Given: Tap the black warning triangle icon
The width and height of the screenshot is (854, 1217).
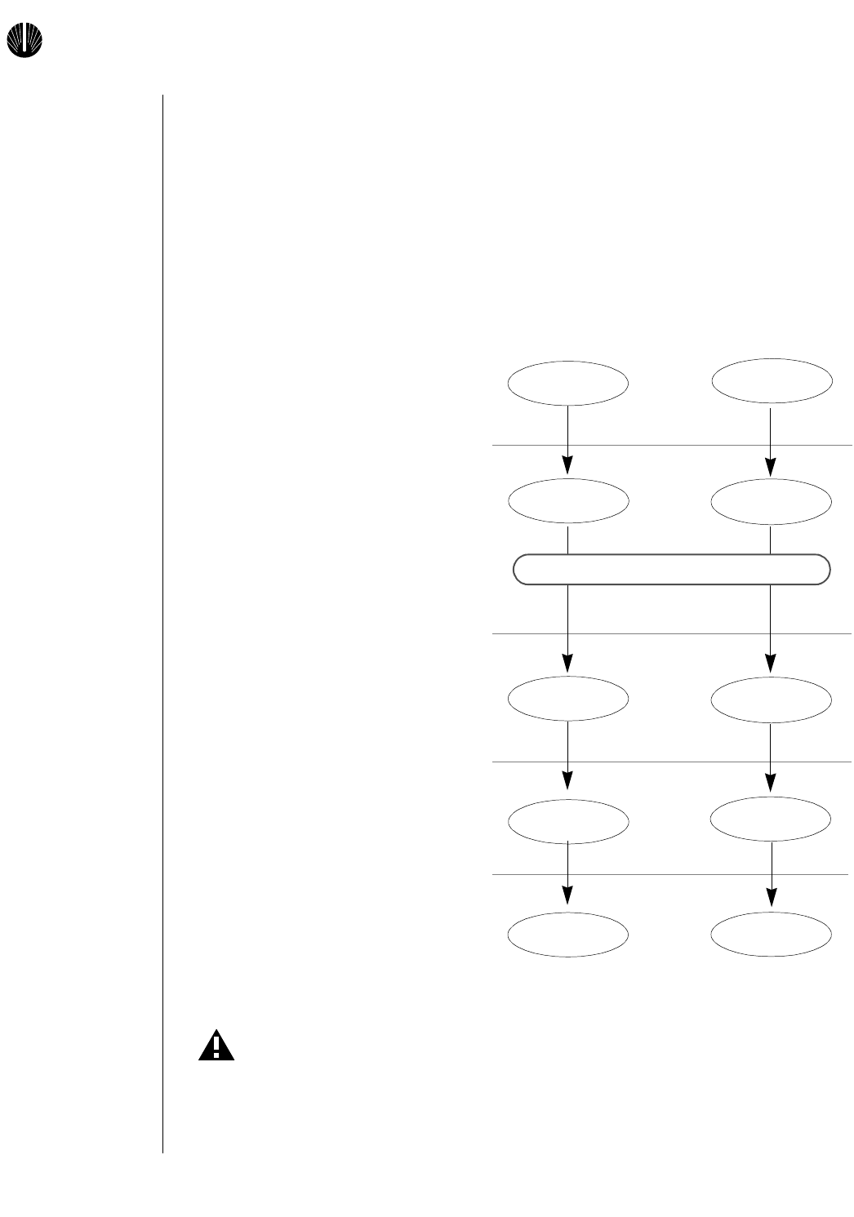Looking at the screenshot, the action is [x=216, y=1046].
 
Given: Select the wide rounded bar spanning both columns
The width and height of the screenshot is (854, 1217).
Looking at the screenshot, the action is [x=671, y=570].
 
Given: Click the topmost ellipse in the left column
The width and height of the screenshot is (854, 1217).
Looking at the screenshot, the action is [x=568, y=383].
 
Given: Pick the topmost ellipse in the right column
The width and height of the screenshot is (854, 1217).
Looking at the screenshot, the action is [x=772, y=380].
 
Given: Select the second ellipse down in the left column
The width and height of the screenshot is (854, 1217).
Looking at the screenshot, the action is [x=568, y=501].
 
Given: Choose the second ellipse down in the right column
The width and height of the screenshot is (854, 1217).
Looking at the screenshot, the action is [x=772, y=501].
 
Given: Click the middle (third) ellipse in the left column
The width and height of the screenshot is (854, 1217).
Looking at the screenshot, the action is [x=568, y=699].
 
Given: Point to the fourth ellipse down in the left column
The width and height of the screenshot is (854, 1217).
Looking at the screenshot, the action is [x=568, y=820].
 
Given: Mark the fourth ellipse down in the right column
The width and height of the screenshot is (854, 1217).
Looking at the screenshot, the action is [x=772, y=818].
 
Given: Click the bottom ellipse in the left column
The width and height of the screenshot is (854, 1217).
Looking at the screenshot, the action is [x=568, y=934].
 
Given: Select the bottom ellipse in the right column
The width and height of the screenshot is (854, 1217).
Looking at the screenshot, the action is [x=772, y=934].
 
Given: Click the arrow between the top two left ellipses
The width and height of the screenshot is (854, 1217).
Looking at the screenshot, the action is [x=567, y=441].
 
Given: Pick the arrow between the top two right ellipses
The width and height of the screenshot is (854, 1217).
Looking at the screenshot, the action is [x=771, y=442].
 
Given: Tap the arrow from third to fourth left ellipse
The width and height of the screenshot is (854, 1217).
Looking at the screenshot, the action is [x=567, y=756].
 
